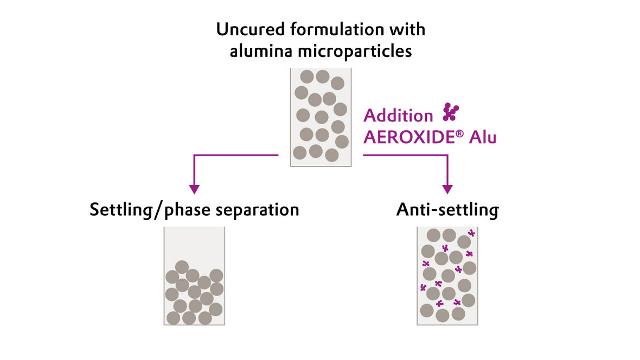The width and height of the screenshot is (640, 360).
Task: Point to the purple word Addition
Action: [x=398, y=115]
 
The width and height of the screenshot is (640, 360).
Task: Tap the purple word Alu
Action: [x=482, y=137]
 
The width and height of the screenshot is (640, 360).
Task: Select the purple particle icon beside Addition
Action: [x=450, y=112]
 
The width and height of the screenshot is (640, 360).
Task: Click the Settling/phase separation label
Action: [x=194, y=210]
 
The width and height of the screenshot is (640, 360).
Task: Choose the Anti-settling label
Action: [x=447, y=210]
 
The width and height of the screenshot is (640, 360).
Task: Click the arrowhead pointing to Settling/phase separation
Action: [x=194, y=189]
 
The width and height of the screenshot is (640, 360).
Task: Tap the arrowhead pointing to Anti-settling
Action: [x=447, y=189]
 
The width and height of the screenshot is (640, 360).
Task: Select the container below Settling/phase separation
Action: [x=194, y=275]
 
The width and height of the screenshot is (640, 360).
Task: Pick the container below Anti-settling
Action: [x=447, y=275]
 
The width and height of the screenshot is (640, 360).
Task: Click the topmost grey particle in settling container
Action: [x=182, y=267]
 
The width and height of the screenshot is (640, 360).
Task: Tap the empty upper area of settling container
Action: [x=194, y=243]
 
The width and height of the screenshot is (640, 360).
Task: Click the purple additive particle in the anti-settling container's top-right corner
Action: [x=471, y=233]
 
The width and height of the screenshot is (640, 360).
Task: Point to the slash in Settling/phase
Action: [x=158, y=210]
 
